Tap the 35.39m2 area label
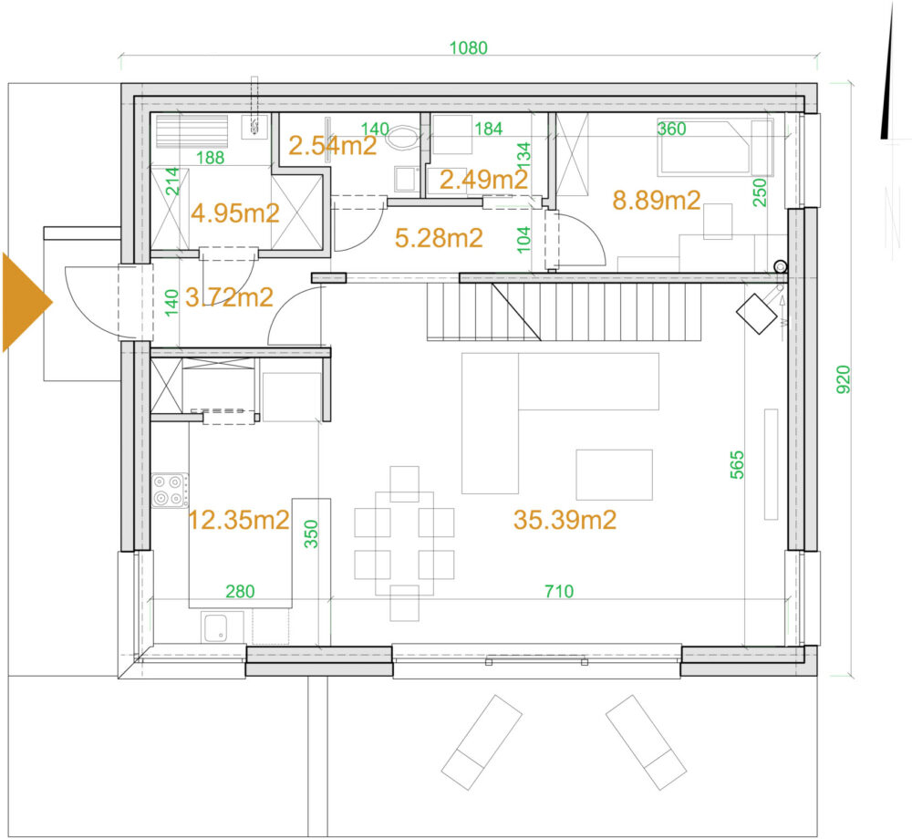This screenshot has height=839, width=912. point(565,519)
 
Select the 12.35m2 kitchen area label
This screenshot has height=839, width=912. point(239,519)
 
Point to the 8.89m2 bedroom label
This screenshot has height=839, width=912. point(656,200)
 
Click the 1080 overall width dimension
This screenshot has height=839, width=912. point(468,47)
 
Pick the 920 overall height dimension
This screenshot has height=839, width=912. point(844,379)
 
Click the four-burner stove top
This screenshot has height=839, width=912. point(170,490)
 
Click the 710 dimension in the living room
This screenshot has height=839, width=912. point(559,591)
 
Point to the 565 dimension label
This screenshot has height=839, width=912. point(737,464)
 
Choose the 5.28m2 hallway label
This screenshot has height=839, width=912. point(439,238)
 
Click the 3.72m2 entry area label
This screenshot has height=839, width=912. point(229,297)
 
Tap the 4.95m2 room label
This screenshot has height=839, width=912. point(235,213)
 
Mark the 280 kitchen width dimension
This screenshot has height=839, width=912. point(240,591)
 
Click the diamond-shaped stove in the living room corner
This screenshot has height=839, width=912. point(757,314)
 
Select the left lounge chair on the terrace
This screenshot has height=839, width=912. point(482,742)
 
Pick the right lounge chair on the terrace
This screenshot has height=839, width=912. point(647,742)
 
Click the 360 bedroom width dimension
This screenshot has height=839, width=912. point(672,129)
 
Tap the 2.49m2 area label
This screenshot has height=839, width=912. point(483,180)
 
